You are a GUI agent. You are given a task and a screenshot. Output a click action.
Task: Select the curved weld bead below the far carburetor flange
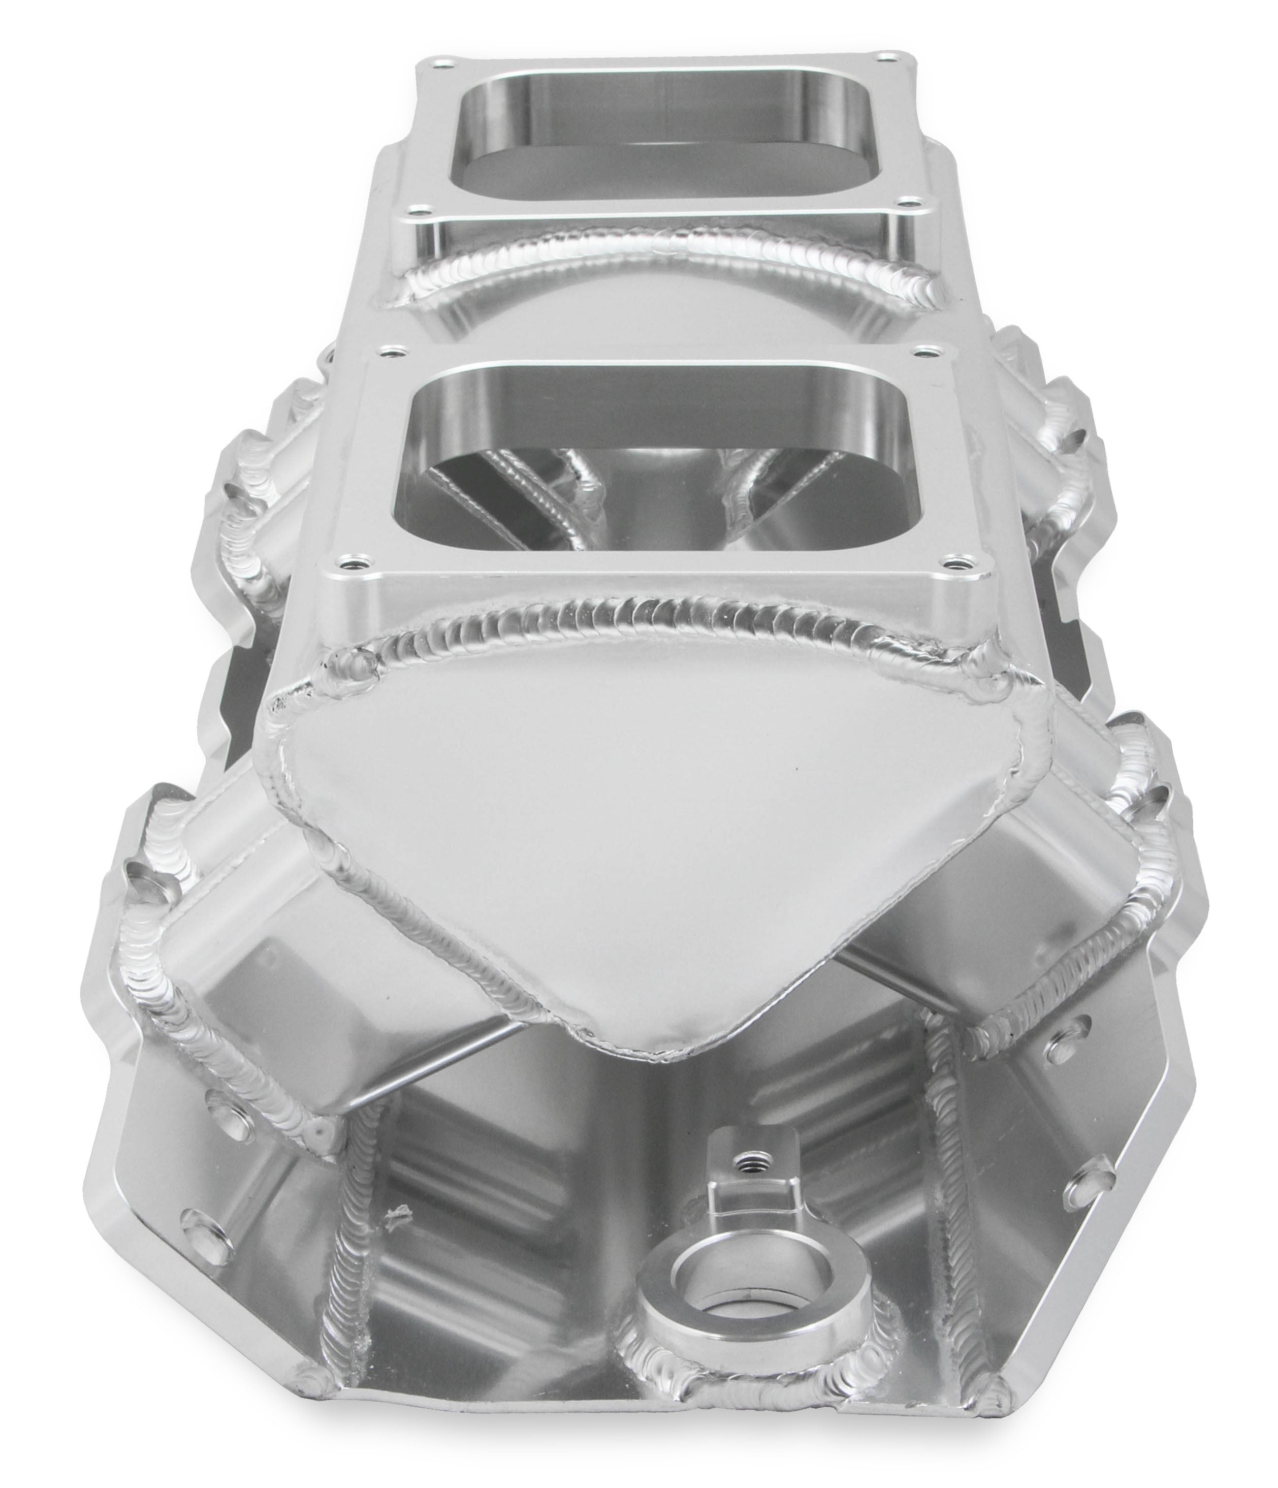click(668, 266)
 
